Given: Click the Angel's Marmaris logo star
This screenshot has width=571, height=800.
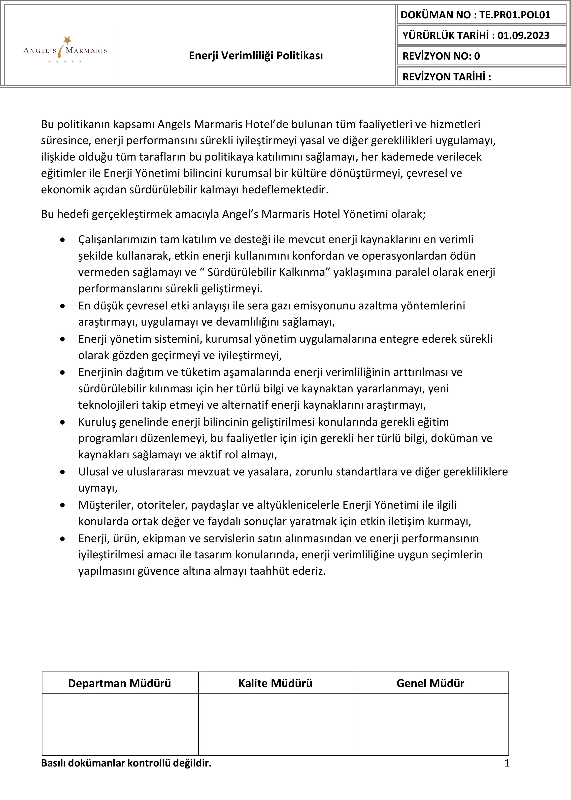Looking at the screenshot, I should [x=67, y=40].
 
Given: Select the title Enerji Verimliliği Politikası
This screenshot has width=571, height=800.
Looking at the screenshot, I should [x=256, y=56].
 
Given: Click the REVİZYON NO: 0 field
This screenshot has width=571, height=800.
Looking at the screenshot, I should [x=441, y=56].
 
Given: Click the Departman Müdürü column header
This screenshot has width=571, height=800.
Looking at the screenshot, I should [x=120, y=683].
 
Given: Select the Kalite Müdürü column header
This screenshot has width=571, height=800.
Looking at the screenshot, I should [x=275, y=683].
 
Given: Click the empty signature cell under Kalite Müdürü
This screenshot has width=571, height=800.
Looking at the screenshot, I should [x=276, y=724].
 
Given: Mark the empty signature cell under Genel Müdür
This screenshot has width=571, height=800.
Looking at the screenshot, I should [x=431, y=724].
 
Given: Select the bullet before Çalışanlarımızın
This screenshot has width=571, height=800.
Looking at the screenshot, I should [x=63, y=240].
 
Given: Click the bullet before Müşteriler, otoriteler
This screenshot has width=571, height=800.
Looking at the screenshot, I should [x=63, y=505].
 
